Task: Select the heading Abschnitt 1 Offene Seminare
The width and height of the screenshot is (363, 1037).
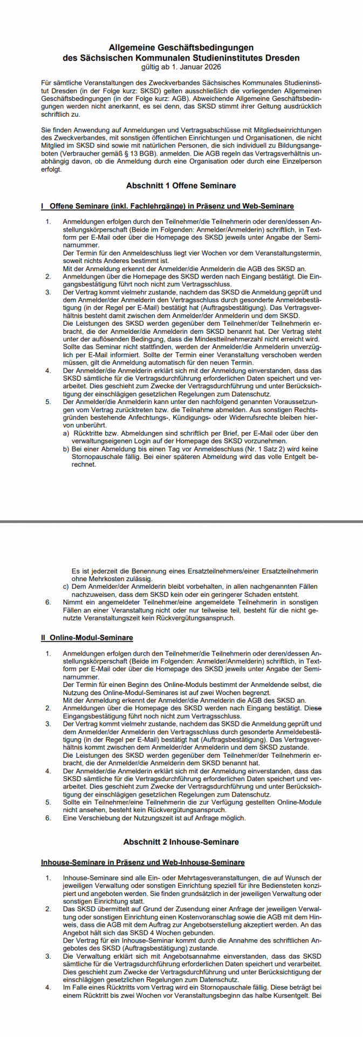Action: pos(181,185)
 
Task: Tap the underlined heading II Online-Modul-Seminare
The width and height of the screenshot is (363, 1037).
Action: pos(87,637)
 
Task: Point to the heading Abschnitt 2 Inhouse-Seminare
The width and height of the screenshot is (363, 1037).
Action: pos(181,841)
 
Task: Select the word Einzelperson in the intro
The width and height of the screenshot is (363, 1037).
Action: pos(299,161)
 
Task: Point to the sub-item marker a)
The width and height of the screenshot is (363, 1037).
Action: pos(66,433)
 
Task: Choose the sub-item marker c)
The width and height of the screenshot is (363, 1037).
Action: pos(66,586)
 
